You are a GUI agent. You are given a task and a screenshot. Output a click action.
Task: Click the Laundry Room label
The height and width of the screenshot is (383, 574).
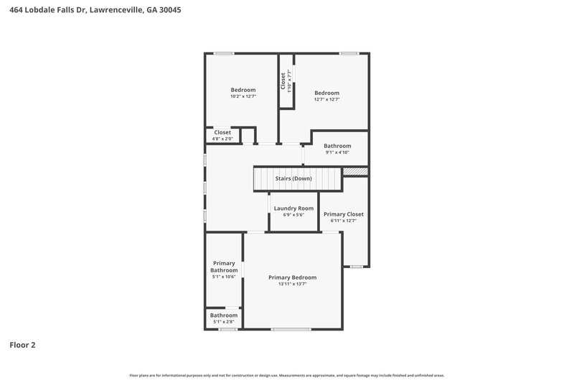coord(293,208)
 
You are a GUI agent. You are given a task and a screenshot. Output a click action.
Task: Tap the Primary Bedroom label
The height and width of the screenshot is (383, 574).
coord(292,277)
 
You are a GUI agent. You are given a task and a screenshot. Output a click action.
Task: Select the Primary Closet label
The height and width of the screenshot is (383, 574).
coord(343,214)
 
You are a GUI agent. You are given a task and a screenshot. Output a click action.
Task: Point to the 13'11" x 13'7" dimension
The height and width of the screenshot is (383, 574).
coord(292,284)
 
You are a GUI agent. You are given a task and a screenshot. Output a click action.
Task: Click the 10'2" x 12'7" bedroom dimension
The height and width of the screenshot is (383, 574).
coord(243,96)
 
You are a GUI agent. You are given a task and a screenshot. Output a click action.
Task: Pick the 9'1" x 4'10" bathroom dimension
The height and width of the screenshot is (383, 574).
coord(337,152)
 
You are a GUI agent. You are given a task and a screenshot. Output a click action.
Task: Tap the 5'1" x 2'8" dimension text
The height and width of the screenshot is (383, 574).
coord(223,321)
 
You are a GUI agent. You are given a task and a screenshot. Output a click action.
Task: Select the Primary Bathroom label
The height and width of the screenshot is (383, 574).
coord(224,267)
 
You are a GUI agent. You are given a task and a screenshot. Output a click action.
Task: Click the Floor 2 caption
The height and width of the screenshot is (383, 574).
coord(22,345)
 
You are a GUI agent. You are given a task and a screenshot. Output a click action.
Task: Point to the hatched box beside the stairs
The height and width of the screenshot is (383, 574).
coord(355,172)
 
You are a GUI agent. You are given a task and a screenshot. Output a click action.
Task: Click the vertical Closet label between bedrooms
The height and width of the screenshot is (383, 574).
coord(283,80)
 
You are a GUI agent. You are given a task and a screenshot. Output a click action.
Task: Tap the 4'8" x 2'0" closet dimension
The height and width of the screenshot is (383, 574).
coord(222,139)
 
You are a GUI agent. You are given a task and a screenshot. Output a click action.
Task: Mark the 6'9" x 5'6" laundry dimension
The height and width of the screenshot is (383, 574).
coord(293,215)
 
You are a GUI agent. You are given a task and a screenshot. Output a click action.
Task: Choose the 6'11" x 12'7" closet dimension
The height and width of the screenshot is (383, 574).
coord(343,221)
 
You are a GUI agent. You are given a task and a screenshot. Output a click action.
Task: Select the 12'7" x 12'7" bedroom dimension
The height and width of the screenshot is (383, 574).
coord(326,99)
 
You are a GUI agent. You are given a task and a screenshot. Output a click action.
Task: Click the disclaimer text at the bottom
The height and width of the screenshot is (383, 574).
coord(286,375)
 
